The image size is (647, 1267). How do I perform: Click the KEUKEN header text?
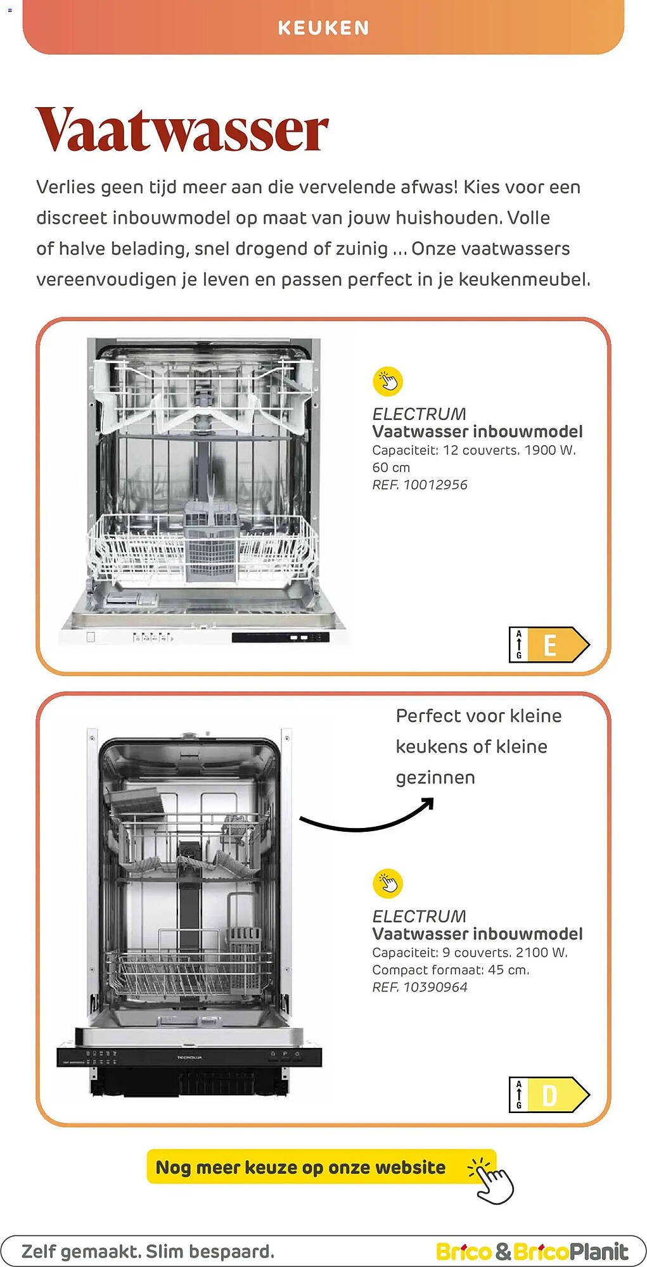(323, 28)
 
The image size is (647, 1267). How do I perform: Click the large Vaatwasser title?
(183, 130)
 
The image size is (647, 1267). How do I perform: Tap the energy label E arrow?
(549, 645)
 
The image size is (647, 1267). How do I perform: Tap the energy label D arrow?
(549, 1095)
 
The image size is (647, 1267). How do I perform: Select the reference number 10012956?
(435, 485)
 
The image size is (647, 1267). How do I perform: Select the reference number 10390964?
(435, 987)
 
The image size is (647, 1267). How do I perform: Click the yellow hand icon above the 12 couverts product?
(388, 381)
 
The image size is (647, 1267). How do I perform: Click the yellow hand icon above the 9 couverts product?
(388, 883)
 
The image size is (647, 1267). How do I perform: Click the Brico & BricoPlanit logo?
(532, 1252)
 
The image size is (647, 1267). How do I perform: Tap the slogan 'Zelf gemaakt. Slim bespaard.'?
(148, 1252)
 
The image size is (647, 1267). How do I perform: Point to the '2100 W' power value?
(541, 953)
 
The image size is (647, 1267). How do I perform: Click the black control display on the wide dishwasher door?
(280, 637)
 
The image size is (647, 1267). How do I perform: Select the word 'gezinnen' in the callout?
(435, 778)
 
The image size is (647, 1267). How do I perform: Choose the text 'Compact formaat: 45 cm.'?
(451, 970)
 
